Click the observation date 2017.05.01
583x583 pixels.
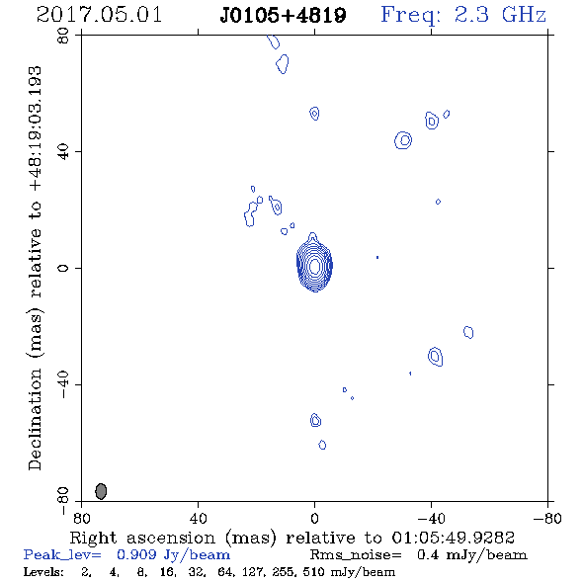click(x=99, y=15)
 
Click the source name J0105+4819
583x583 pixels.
click(x=283, y=15)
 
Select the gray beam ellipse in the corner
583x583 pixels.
click(x=101, y=491)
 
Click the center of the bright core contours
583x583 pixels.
click(x=314, y=266)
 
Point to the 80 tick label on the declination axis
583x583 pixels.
click(x=63, y=36)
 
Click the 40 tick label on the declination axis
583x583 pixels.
click(x=63, y=152)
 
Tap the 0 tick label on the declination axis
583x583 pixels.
click(x=63, y=268)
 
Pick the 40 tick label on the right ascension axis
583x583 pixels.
click(x=198, y=519)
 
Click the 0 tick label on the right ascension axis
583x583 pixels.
click(x=314, y=519)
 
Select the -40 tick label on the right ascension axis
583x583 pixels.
click(x=431, y=519)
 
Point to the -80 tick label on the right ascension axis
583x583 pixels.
click(x=547, y=519)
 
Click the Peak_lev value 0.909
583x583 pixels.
click(x=136, y=554)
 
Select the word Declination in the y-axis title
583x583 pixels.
click(x=35, y=419)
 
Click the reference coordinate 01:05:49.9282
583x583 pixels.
click(x=454, y=538)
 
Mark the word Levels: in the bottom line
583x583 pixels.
click(x=43, y=572)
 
